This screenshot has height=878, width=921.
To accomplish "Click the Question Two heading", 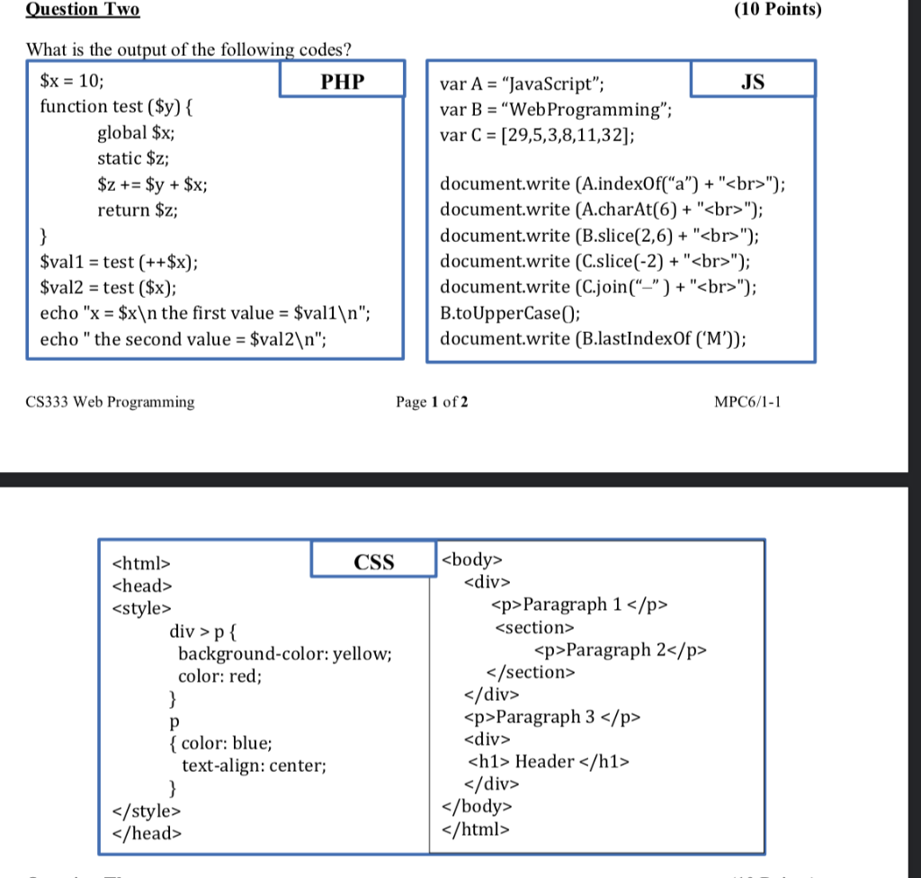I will point(83,10).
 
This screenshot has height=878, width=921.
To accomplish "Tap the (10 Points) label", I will point(777,10).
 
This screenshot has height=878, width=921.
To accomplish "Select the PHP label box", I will point(343,82).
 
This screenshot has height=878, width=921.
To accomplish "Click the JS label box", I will point(753,81).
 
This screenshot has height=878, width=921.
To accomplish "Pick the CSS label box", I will point(373,562).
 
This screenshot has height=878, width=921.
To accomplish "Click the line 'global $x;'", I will point(136,132).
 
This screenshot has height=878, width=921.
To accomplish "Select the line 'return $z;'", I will point(137,211).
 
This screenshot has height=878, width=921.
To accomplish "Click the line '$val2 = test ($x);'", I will point(108,289).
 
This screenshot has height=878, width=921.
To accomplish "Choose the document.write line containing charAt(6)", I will point(603,211).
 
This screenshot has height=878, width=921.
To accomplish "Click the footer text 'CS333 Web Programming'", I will point(111,402).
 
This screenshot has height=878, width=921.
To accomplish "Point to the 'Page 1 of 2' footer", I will point(432,402).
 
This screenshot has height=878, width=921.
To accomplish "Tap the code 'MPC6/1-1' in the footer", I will point(747,402).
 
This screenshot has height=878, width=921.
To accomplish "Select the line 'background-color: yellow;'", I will point(284,654).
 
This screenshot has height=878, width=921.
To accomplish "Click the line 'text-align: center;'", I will point(254,766).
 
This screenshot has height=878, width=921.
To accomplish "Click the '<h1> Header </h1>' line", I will point(549,762).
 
